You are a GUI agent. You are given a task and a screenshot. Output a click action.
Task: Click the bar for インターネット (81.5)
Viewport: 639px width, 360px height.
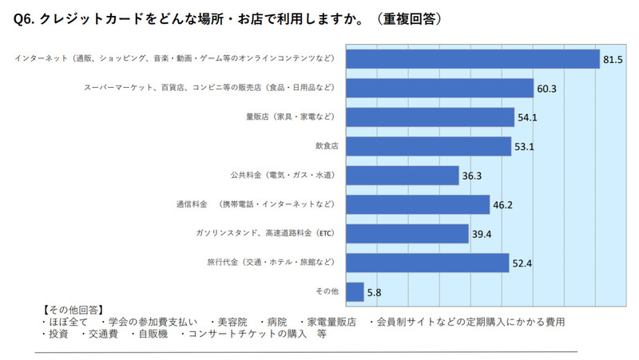point(471,59)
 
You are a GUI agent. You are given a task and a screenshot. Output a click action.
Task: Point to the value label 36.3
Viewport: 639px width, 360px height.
point(471,176)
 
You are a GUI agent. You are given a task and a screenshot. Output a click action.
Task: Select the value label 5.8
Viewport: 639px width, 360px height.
point(374,292)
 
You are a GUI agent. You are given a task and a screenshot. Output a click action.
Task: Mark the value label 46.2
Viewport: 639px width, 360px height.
point(502,205)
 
